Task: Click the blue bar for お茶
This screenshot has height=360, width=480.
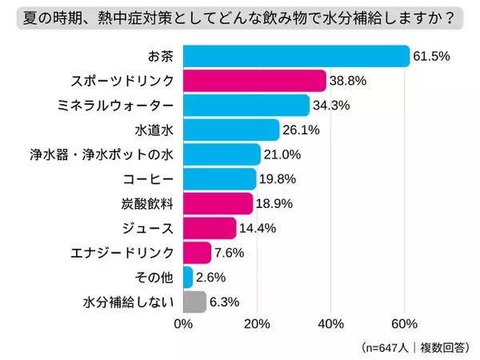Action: pos(296,56)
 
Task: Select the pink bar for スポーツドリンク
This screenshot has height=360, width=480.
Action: pos(254,81)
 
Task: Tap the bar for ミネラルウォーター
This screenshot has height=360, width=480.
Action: pos(246,106)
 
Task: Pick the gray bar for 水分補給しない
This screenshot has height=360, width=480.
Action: pos(194,302)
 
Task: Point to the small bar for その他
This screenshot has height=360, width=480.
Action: pos(188,278)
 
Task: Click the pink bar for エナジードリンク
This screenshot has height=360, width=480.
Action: pos(197,253)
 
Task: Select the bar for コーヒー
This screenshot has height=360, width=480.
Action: pos(219,179)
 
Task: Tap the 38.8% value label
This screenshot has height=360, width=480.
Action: pos(349,81)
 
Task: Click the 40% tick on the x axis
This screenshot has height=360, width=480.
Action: pos(330,324)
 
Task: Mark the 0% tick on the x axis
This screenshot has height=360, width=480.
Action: pos(183,324)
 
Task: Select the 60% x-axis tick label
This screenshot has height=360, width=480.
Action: pos(405,324)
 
